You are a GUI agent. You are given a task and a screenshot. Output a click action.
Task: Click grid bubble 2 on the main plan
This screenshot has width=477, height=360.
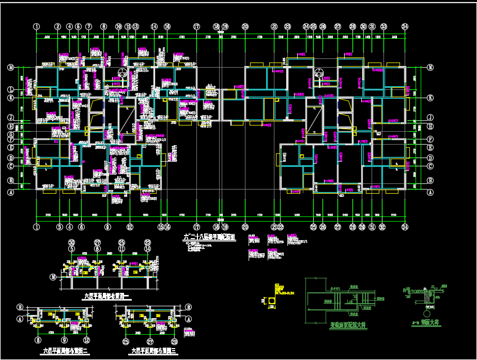tap(57, 26)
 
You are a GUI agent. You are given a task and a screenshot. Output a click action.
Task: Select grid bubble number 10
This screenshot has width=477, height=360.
tap(118, 26)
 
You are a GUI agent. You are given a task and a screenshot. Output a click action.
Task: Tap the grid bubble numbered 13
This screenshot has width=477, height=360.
tap(135, 26)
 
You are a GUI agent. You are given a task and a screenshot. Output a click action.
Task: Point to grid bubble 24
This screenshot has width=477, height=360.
tap(306, 26)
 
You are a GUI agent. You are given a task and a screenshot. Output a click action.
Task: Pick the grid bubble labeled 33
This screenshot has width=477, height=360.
tap(383, 26)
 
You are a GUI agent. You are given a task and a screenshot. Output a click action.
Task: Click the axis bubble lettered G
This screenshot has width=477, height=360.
tap(10, 134)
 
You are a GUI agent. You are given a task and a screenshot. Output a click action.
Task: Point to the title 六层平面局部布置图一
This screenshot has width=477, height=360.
tap(109, 296)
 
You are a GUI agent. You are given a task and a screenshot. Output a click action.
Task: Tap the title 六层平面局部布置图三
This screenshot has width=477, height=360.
tap(154, 351)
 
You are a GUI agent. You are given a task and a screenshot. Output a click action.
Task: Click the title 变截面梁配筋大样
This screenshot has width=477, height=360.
tap(348, 326)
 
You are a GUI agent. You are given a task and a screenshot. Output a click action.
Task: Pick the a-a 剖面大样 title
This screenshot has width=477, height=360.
tap(424, 322)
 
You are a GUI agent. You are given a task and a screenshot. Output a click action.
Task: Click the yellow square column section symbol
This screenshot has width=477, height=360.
tap(272, 300)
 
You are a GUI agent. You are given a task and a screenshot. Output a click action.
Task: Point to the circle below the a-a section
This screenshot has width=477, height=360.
tap(427, 314)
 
